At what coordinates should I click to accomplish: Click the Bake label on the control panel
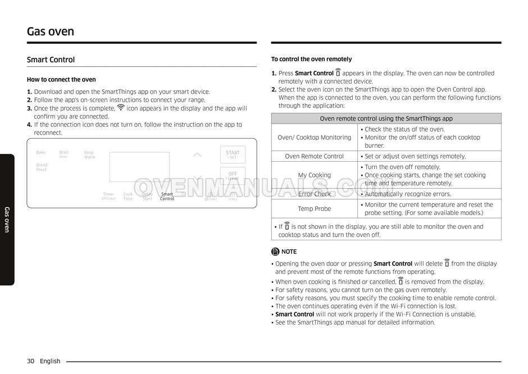(x=41, y=152)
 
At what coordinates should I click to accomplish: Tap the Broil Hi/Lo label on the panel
(x=64, y=153)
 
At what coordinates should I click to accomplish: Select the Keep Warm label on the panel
(x=89, y=154)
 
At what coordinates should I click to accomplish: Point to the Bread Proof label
(x=42, y=167)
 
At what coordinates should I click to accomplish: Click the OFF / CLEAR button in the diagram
(x=233, y=176)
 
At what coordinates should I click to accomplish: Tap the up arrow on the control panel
(x=197, y=155)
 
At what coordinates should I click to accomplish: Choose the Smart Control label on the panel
(x=167, y=197)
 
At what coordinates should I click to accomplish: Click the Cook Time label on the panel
(x=128, y=197)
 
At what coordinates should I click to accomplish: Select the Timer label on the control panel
(x=108, y=196)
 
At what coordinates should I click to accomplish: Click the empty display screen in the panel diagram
(x=139, y=166)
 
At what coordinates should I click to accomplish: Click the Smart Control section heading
(x=51, y=60)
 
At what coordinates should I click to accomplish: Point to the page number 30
(x=31, y=361)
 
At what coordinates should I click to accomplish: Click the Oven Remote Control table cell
(x=314, y=156)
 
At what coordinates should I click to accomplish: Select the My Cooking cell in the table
(x=314, y=175)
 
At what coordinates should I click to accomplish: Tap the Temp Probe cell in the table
(x=314, y=209)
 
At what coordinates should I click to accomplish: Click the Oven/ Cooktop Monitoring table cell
(x=314, y=138)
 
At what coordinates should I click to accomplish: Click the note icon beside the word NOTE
(x=275, y=252)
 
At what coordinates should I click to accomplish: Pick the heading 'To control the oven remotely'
(x=311, y=59)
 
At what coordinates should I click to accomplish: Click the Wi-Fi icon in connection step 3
(x=121, y=108)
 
